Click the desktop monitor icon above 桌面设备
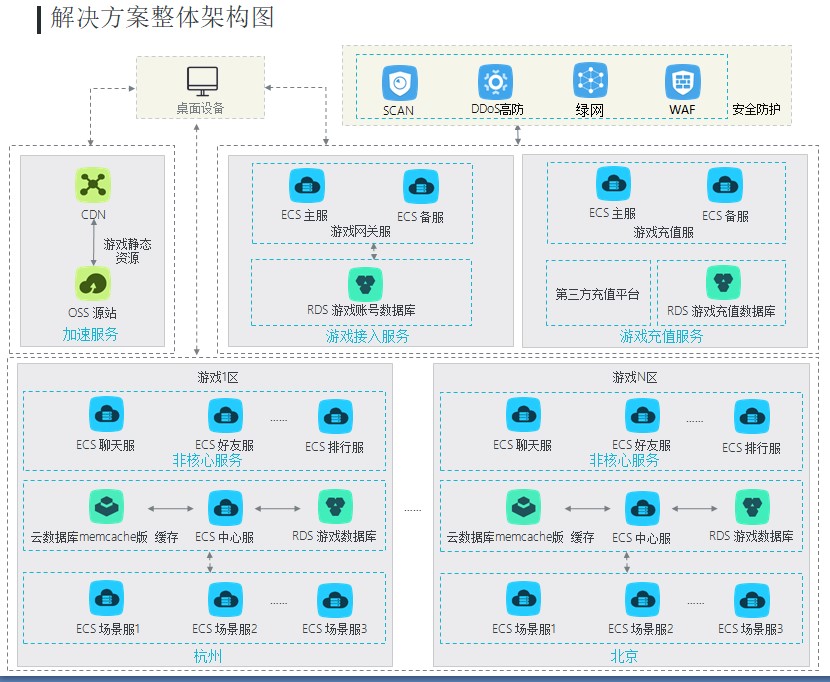[201, 80]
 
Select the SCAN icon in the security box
[399, 82]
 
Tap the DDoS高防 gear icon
[495, 81]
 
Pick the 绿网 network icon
[590, 80]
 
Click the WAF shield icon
[682, 81]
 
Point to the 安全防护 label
[756, 109]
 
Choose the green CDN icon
[93, 184]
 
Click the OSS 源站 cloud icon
[93, 283]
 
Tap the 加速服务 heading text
[90, 334]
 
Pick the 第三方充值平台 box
[598, 294]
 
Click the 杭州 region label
[207, 656]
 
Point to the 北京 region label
[624, 656]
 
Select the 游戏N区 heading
[635, 377]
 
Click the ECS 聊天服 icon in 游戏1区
[106, 415]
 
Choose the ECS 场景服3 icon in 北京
[751, 600]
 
